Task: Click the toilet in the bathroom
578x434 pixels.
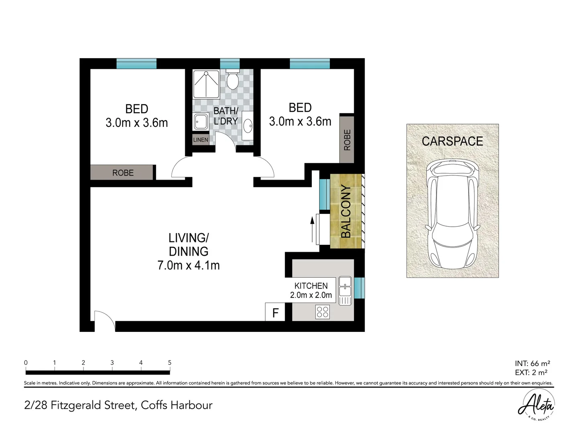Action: [232, 80]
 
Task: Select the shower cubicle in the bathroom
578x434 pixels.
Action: [206, 84]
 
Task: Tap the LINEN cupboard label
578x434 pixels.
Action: [201, 140]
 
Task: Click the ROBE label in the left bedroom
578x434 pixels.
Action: [122, 173]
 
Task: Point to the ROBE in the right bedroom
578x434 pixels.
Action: [347, 139]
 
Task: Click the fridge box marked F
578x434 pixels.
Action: [275, 312]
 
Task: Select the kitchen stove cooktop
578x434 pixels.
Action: [323, 312]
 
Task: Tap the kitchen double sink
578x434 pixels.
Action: [345, 290]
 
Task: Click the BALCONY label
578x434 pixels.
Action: [346, 211]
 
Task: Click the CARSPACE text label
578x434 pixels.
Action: [452, 141]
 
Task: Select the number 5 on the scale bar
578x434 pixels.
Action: [169, 363]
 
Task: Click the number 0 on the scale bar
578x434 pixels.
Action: [26, 363]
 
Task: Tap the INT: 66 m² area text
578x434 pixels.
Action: [532, 364]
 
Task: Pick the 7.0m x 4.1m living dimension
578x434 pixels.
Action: [188, 265]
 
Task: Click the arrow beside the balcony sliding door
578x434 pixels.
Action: [312, 230]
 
